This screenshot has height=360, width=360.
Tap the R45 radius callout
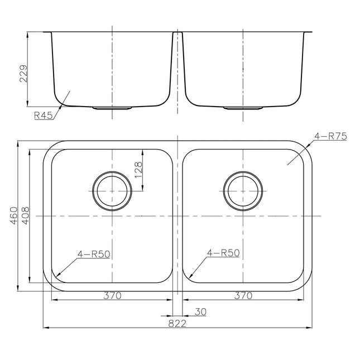click(x=43, y=116)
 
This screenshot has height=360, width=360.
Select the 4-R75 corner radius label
click(x=330, y=136)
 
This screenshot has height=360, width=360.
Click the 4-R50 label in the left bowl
click(x=94, y=253)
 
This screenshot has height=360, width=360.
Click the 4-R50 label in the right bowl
click(x=223, y=253)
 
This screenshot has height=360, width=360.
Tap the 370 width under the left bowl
click(x=112, y=295)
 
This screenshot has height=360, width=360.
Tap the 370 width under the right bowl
click(x=243, y=295)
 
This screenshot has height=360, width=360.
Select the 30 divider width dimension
click(x=200, y=311)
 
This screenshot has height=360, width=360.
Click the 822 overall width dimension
click(x=177, y=323)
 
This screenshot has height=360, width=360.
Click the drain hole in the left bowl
click(x=112, y=190)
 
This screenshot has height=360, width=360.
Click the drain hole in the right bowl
click(x=243, y=190)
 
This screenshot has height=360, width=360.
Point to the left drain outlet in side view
click(x=112, y=107)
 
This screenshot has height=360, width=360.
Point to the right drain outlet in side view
click(x=243, y=107)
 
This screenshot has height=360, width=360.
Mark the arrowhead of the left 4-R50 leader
click(x=58, y=276)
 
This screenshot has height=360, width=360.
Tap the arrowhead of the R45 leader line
click(x=70, y=92)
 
